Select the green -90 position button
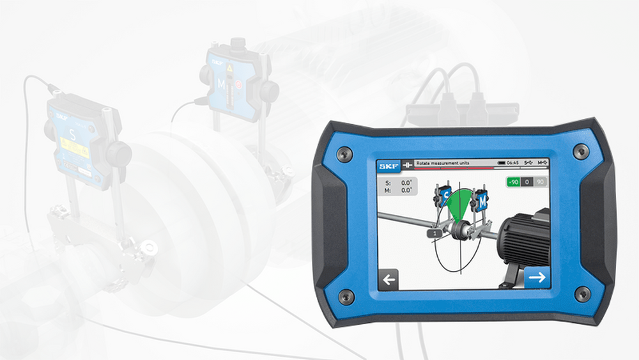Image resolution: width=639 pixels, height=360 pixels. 513,182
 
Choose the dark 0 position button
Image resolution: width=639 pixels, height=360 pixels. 527,182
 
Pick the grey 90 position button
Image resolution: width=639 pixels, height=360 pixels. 541,182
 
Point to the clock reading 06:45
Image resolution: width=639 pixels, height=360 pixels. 513,164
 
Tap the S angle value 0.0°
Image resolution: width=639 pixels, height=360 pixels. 406,183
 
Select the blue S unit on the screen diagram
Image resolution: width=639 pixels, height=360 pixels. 445,194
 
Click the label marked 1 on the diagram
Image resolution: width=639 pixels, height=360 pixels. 435,235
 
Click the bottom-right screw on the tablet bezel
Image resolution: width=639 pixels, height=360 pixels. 582,294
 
